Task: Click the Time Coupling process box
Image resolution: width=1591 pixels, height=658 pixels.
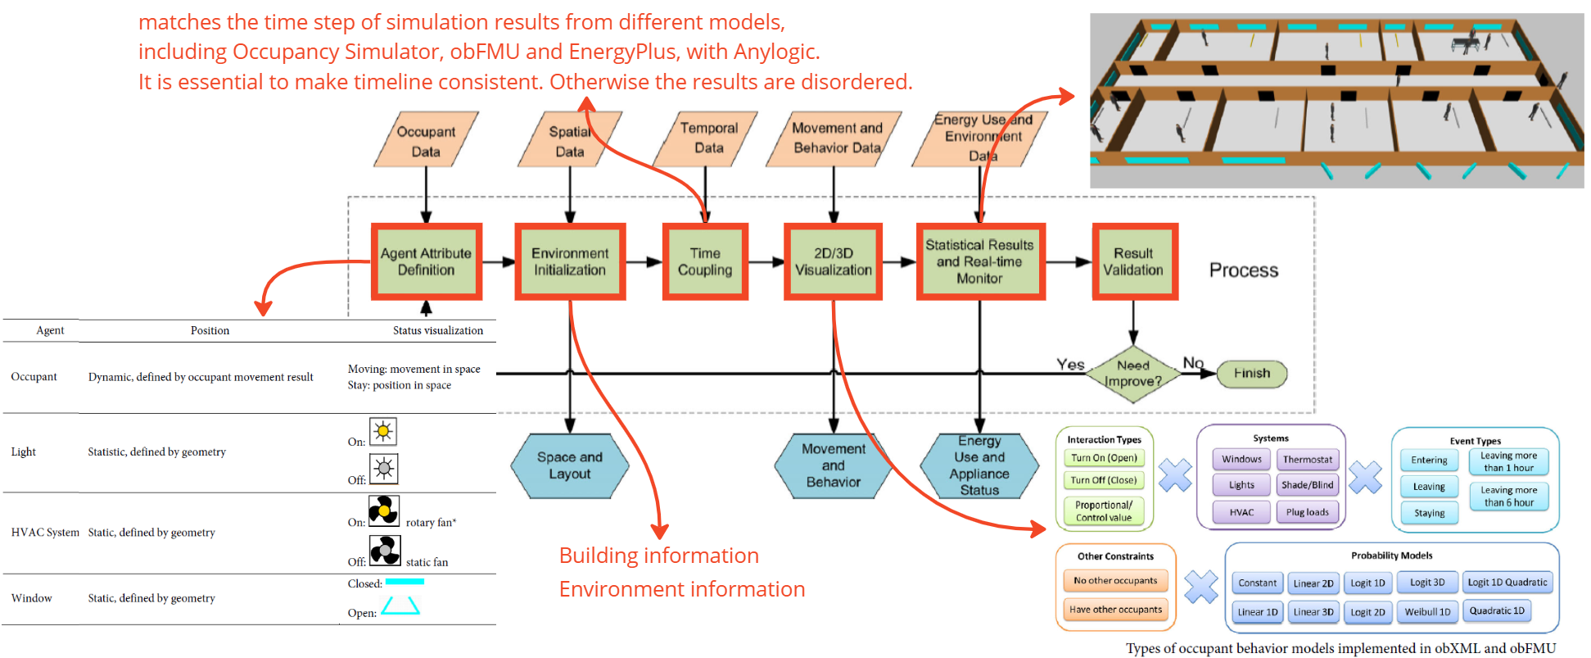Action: (x=705, y=261)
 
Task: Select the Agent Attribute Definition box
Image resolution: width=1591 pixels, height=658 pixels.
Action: (x=426, y=261)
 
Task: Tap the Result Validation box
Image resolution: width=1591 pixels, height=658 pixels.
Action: (x=1133, y=261)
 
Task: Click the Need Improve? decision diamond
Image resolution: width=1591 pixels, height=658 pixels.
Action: (x=1133, y=374)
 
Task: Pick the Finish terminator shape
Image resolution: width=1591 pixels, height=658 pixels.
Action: (x=1252, y=374)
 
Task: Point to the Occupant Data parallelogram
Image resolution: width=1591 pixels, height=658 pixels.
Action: (x=426, y=141)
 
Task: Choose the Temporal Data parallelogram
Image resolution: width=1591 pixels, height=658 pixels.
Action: (x=709, y=138)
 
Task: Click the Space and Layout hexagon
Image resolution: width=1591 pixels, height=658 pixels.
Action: (x=570, y=465)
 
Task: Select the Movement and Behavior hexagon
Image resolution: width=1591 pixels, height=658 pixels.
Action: (x=834, y=465)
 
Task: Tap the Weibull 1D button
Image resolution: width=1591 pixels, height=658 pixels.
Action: (x=1427, y=611)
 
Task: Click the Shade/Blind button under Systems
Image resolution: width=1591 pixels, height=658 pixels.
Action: (x=1308, y=485)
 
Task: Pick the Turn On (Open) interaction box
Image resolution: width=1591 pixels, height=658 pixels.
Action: (x=1104, y=458)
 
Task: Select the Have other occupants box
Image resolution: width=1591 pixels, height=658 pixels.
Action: (x=1115, y=609)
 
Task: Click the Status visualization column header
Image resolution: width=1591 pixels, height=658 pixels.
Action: (x=438, y=330)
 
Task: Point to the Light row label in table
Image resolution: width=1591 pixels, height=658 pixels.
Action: (x=24, y=452)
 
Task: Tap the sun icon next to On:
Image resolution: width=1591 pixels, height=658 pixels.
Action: (x=383, y=431)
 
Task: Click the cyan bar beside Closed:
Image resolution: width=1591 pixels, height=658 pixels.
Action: (x=405, y=582)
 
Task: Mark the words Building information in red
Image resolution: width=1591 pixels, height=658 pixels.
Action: (x=658, y=556)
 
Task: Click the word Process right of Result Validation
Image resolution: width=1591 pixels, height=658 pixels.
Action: (x=1244, y=270)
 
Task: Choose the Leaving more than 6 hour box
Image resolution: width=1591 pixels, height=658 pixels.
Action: (x=1508, y=496)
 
